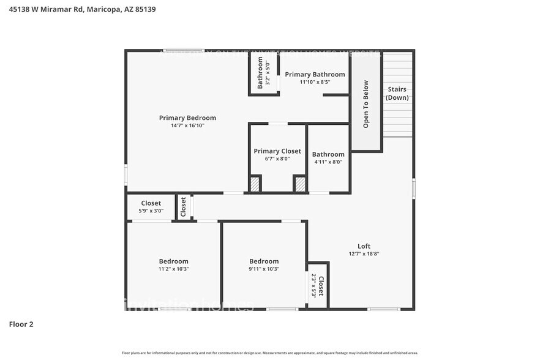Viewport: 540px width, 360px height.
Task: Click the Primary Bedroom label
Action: [187, 118]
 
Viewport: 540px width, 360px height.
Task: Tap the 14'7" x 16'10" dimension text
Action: [187, 126]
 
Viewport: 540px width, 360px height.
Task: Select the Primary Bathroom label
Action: [315, 75]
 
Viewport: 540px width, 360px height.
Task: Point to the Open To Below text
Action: [366, 104]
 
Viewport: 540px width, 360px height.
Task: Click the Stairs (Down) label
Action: [397, 94]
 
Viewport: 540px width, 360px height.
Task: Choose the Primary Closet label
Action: [277, 151]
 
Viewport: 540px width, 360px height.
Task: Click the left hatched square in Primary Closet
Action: [255, 184]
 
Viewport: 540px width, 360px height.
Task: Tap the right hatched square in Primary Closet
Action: [300, 184]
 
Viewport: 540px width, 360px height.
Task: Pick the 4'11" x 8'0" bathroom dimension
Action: [328, 162]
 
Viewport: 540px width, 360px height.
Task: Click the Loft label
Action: [364, 246]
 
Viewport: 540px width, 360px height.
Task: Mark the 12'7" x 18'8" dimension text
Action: [364, 253]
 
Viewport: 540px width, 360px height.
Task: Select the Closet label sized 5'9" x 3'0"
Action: [151, 203]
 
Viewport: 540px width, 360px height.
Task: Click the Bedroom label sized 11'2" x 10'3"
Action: [173, 261]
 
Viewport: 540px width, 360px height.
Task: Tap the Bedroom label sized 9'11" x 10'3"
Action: [264, 261]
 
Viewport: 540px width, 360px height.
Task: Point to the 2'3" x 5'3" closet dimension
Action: [313, 285]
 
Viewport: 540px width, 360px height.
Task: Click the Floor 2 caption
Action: [21, 324]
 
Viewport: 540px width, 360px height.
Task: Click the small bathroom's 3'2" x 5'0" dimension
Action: [268, 73]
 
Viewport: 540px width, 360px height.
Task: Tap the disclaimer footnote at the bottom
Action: [269, 353]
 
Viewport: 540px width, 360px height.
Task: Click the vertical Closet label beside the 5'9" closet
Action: [183, 207]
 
